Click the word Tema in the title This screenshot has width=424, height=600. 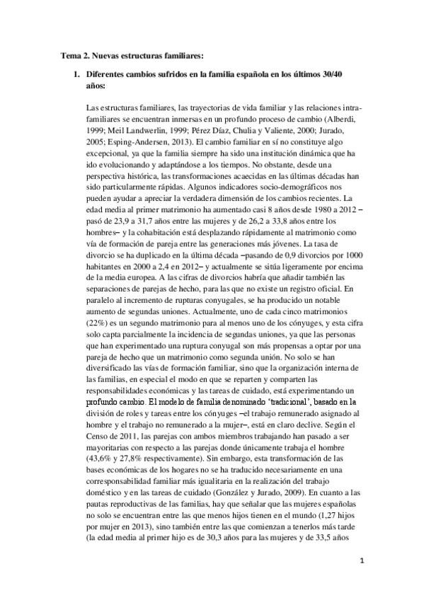pyautogui.click(x=67, y=54)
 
